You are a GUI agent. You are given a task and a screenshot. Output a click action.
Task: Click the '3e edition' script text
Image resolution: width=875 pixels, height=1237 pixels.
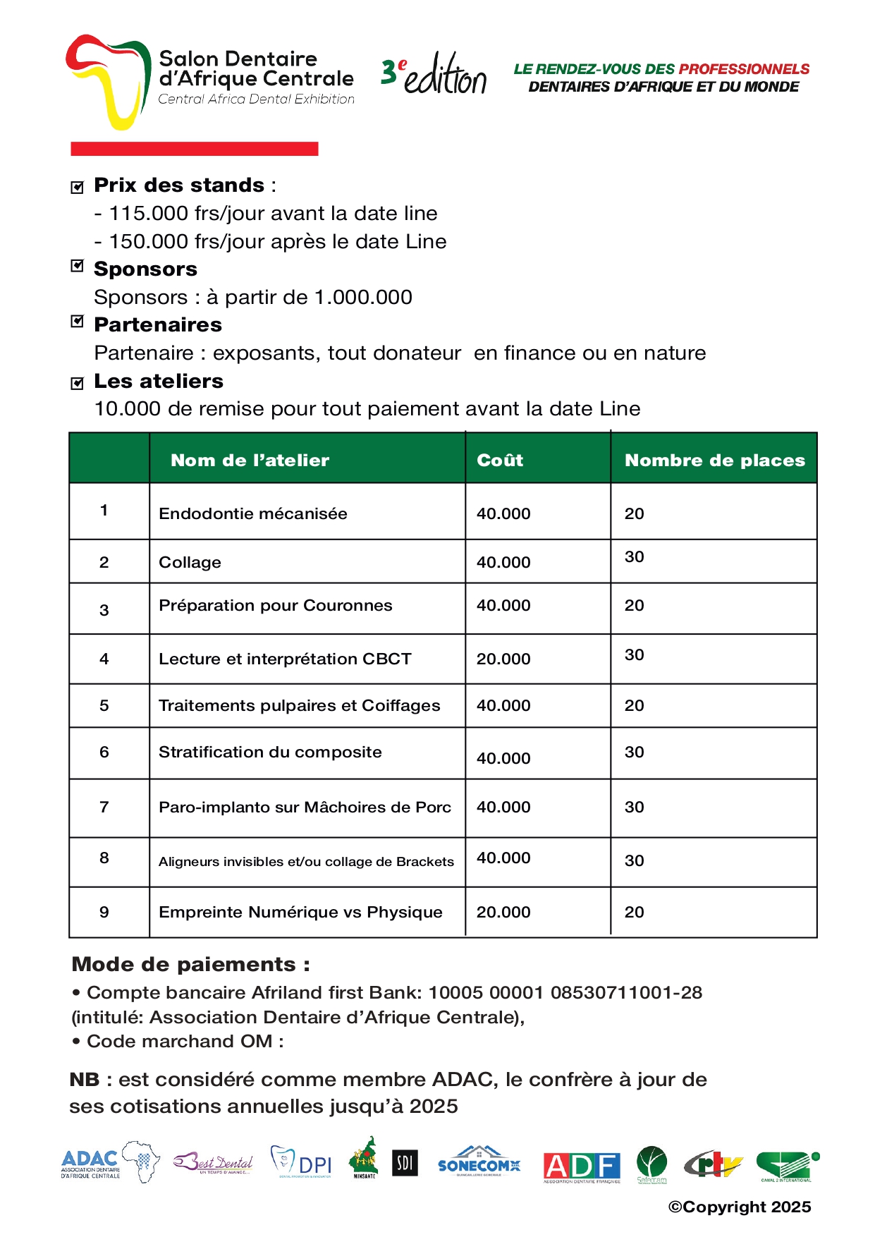pyautogui.click(x=434, y=75)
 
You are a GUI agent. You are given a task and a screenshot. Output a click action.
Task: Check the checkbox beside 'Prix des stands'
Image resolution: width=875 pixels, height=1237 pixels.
pyautogui.click(x=78, y=187)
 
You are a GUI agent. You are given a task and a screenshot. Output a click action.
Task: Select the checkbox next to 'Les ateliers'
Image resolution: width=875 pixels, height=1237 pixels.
pyautogui.click(x=78, y=383)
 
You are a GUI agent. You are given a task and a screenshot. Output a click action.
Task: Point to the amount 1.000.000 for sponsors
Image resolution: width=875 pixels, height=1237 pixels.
pyautogui.click(x=363, y=297)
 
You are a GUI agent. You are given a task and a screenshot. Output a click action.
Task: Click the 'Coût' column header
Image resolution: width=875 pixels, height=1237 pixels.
pyautogui.click(x=500, y=461)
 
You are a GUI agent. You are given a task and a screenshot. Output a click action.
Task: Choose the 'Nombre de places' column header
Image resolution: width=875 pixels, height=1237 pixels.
pyautogui.click(x=714, y=461)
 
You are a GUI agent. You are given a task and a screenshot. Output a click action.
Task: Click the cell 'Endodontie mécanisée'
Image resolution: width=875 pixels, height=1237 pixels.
pyautogui.click(x=253, y=513)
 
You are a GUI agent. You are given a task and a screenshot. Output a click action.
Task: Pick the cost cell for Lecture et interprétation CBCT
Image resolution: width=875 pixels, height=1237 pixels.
pyautogui.click(x=503, y=659)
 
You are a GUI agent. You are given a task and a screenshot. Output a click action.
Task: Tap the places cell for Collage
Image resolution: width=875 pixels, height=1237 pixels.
pyautogui.click(x=634, y=557)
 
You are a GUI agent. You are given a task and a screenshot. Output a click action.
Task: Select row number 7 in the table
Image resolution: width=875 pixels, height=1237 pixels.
pyautogui.click(x=104, y=807)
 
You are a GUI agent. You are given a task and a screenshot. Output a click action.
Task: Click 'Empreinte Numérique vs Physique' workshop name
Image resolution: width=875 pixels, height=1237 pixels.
pyautogui.click(x=300, y=912)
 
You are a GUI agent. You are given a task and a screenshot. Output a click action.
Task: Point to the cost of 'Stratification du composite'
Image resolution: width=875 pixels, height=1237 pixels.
pyautogui.click(x=503, y=758)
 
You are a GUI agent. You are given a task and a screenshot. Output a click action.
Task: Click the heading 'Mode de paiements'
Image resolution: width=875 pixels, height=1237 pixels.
pyautogui.click(x=190, y=964)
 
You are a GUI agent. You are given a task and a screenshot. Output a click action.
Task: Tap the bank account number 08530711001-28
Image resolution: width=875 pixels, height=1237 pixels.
pyautogui.click(x=626, y=992)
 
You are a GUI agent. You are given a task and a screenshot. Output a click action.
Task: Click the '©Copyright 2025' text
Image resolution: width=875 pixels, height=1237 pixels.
pyautogui.click(x=740, y=1207)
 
